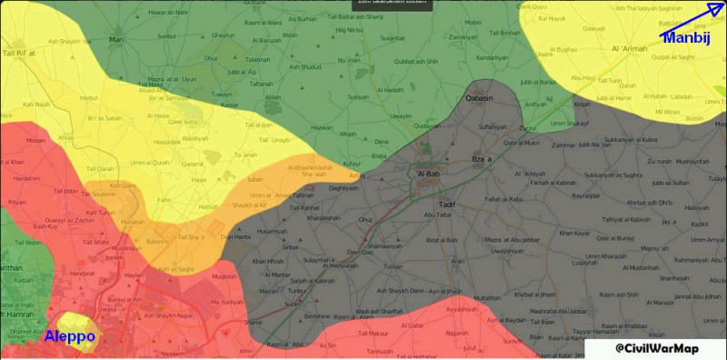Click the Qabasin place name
pos(479,97)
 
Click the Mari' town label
pos(116,40)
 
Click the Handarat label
pos(85,273)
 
